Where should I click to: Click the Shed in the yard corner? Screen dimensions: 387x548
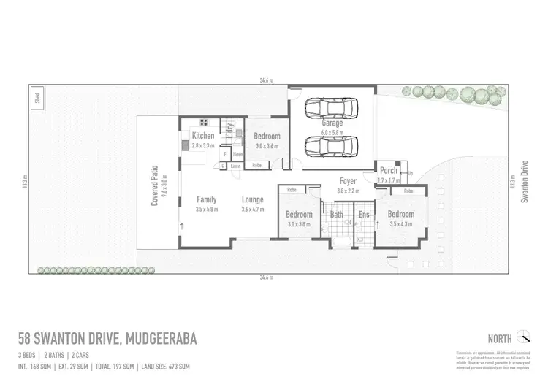[37, 99]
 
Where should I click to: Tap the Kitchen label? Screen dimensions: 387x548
[203, 136]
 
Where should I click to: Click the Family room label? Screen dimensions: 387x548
[207, 199]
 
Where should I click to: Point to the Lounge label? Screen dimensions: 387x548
[252, 199]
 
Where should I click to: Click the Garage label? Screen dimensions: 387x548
[331, 123]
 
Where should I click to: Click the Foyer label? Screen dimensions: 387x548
[348, 180]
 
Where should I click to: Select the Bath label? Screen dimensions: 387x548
[337, 215]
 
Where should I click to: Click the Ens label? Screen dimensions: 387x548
[363, 215]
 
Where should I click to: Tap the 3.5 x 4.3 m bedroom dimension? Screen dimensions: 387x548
[401, 224]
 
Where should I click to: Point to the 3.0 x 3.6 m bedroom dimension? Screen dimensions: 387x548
[267, 147]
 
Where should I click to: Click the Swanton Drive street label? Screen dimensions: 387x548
[524, 182]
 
